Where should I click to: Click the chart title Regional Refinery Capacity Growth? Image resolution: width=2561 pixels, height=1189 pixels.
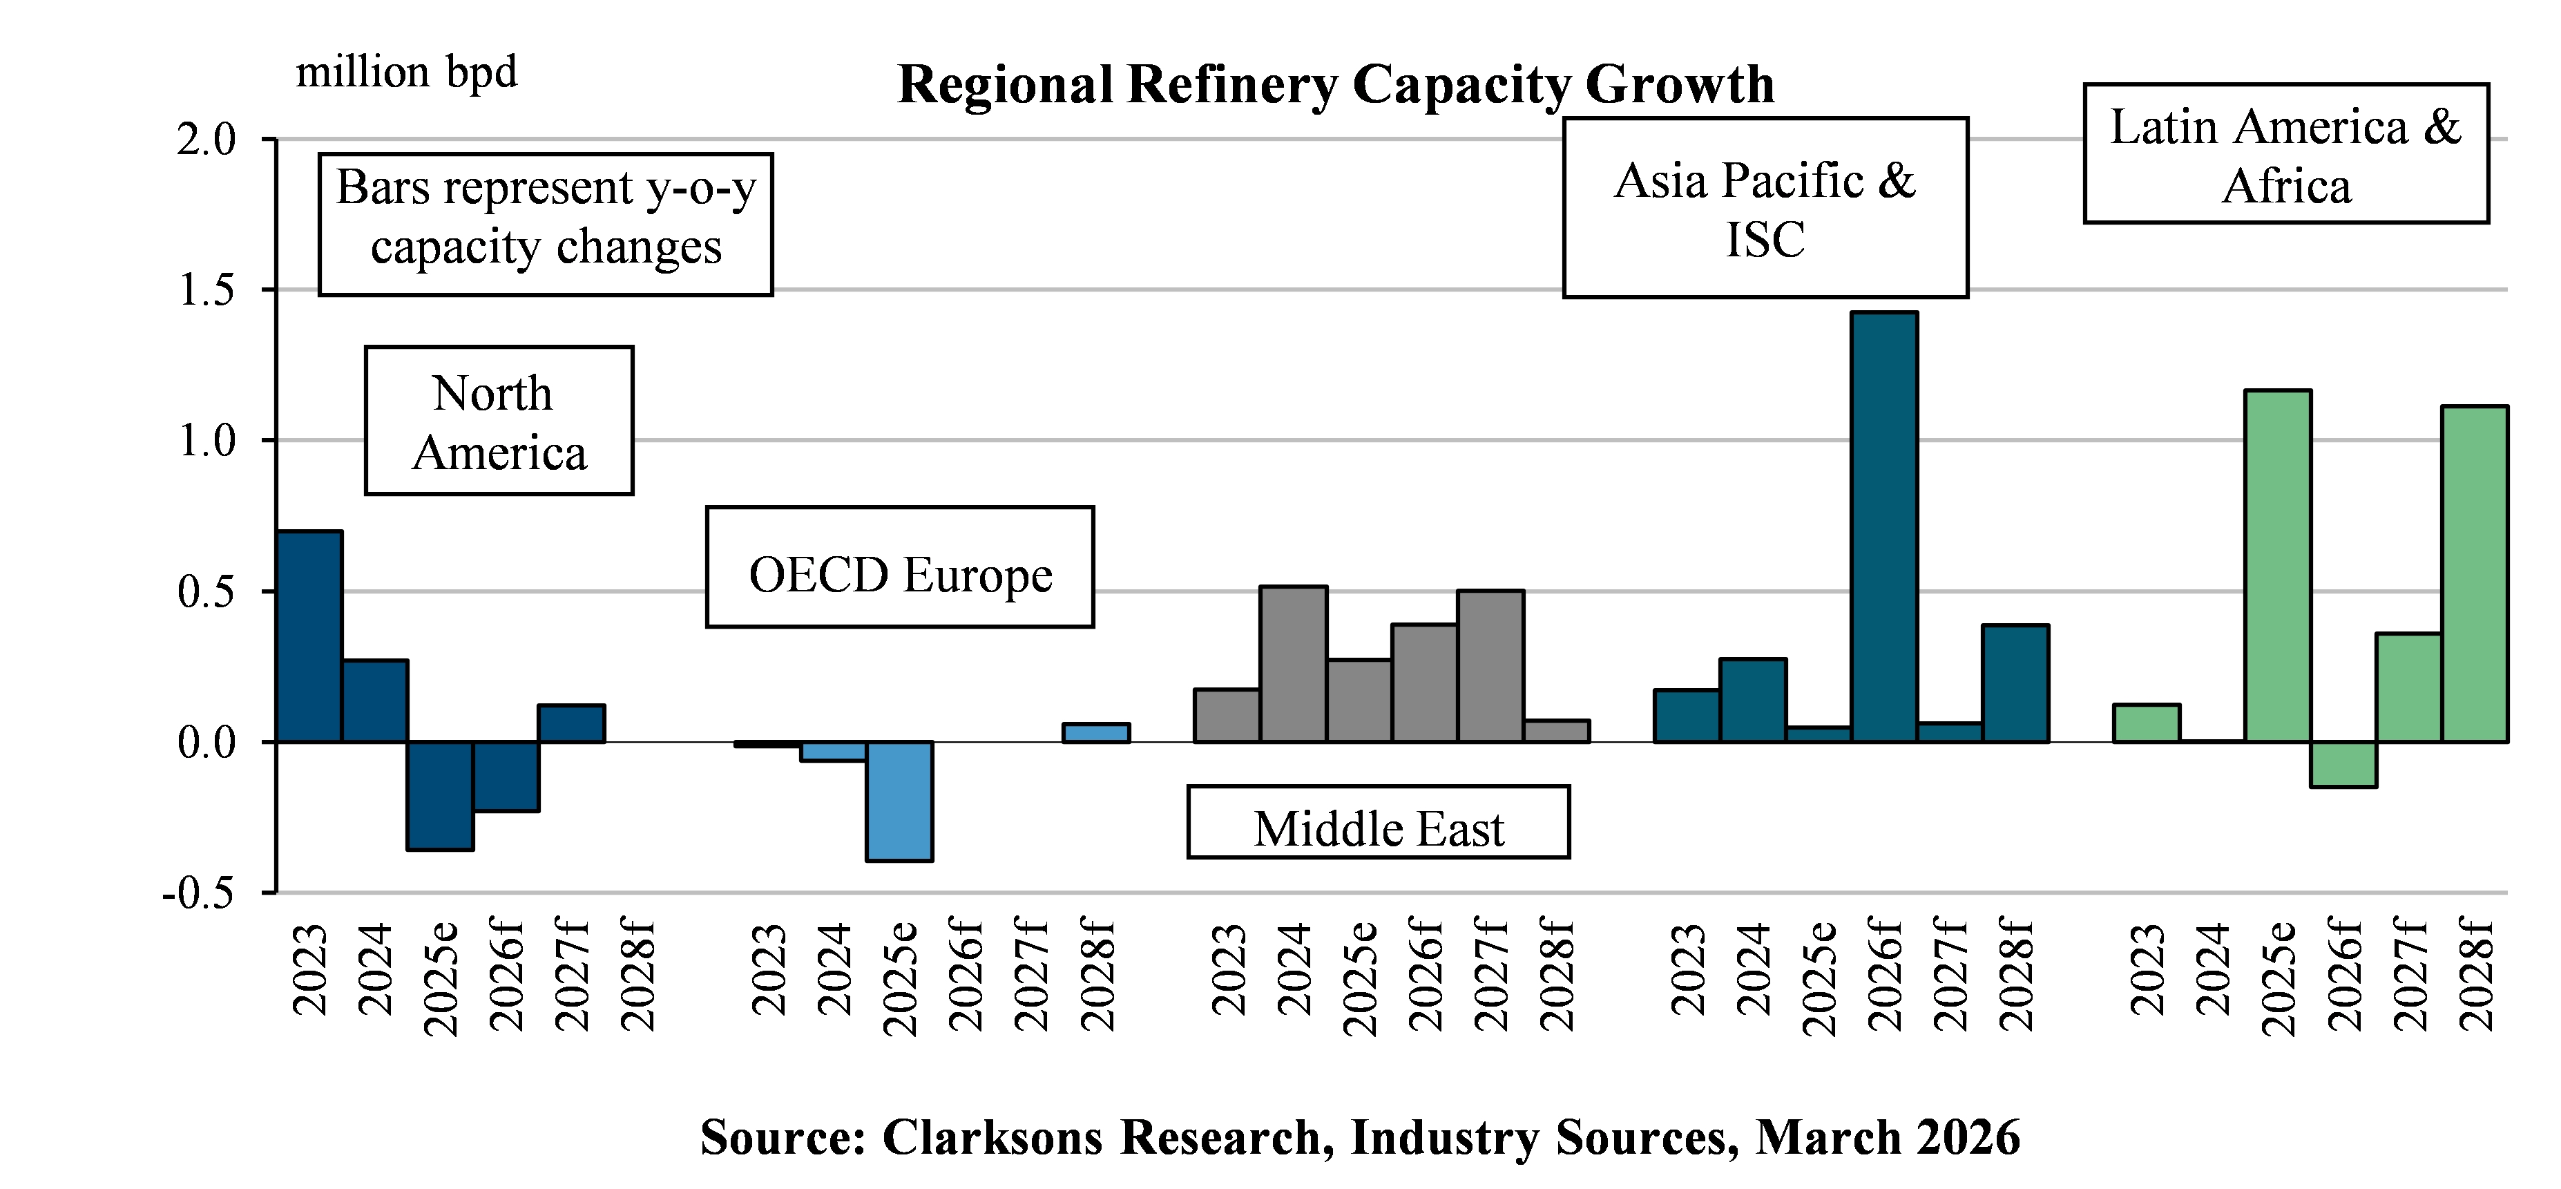pos(1335,84)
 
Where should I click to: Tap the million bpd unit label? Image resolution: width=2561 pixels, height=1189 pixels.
pos(407,73)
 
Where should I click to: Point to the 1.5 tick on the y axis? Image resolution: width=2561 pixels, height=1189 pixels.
pos(206,290)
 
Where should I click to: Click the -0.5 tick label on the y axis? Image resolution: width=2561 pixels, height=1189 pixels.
pos(199,893)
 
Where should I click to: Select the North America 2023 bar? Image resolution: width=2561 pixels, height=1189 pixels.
pos(309,636)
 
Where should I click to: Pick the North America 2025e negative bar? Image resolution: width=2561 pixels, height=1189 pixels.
pos(441,795)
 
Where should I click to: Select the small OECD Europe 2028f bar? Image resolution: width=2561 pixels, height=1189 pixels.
pos(1095,733)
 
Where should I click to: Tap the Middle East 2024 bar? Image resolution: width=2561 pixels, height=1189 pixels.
pos(1292,664)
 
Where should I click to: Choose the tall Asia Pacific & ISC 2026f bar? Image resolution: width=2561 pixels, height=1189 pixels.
pos(1884,527)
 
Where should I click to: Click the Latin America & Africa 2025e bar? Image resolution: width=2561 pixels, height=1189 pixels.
pos(2278,566)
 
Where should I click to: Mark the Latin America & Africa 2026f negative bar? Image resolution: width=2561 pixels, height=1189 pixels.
pos(2343,765)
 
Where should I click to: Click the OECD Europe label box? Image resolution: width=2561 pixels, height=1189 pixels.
pos(900,567)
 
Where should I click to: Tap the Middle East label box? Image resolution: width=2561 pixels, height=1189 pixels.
pos(1378,822)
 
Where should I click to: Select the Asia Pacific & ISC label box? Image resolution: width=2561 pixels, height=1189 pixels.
pos(1765,208)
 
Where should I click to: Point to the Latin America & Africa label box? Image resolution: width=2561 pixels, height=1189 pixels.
pos(2285,154)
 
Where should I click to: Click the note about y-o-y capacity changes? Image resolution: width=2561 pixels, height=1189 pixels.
pos(546,225)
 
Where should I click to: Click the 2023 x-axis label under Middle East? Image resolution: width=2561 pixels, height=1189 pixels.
pos(1229,969)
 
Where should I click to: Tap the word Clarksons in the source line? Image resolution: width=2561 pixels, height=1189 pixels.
pos(991,1136)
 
